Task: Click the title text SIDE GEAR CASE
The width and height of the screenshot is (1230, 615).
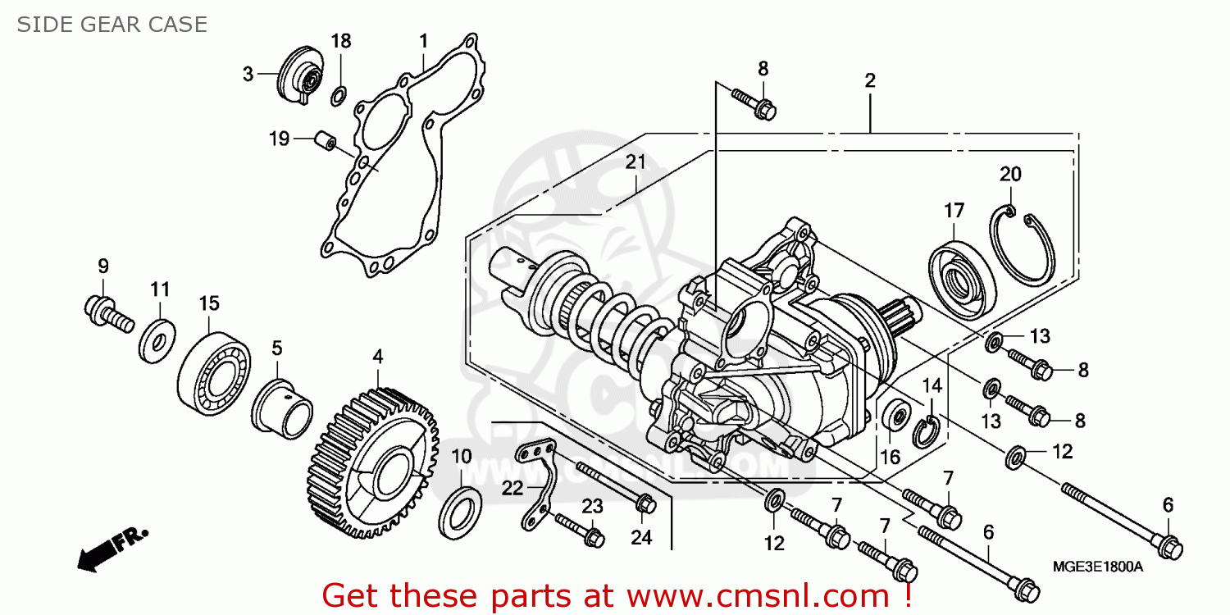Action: (x=112, y=25)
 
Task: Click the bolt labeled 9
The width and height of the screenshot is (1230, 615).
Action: (x=107, y=313)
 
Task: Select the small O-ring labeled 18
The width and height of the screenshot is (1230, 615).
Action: (x=339, y=98)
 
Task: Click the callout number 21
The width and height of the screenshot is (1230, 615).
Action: (x=635, y=162)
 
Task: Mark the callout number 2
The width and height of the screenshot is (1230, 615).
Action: (x=869, y=80)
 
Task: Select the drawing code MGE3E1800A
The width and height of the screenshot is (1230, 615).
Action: (x=1099, y=567)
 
